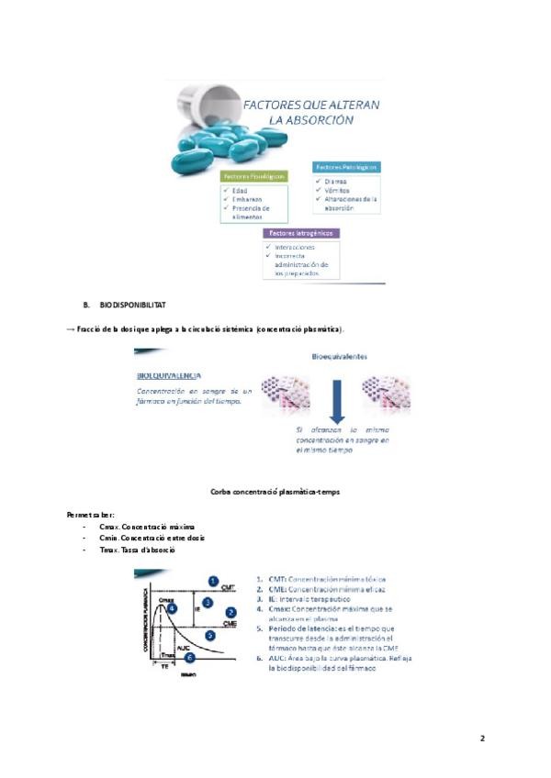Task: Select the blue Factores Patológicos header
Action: click(x=347, y=167)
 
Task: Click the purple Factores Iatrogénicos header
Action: click(x=300, y=234)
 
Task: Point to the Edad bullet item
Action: click(x=241, y=190)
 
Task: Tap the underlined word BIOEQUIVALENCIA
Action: click(x=170, y=375)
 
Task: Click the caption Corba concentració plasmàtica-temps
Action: click(x=275, y=493)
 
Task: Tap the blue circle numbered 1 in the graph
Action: click(x=213, y=581)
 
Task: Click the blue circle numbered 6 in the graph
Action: click(x=189, y=657)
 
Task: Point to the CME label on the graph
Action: click(x=231, y=624)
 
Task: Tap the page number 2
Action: click(x=482, y=739)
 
